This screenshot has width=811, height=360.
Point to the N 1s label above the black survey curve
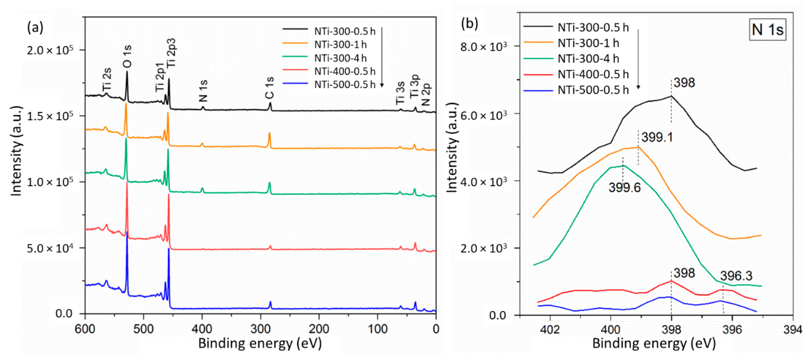tap(203, 91)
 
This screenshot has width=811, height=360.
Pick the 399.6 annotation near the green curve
tap(624, 188)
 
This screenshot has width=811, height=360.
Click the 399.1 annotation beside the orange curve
tap(657, 137)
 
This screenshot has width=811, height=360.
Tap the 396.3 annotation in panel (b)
tap(736, 276)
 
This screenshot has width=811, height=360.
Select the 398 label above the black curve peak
tap(684, 83)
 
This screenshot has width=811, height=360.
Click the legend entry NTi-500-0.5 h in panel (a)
tap(345, 85)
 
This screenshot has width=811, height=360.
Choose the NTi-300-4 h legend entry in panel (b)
tap(588, 59)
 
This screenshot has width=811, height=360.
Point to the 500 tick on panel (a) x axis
tap(144, 329)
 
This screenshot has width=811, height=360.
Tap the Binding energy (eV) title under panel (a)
tap(260, 344)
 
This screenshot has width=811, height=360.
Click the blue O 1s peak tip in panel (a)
tap(127, 232)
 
